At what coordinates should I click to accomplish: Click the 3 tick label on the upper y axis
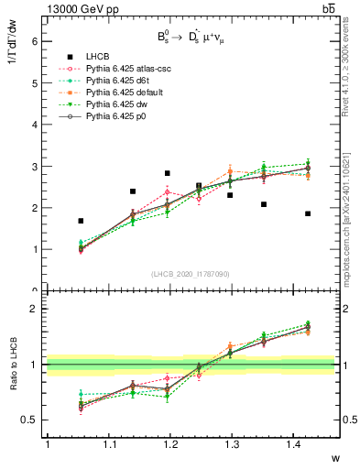click(33, 166)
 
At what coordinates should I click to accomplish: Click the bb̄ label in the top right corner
click(328, 8)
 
